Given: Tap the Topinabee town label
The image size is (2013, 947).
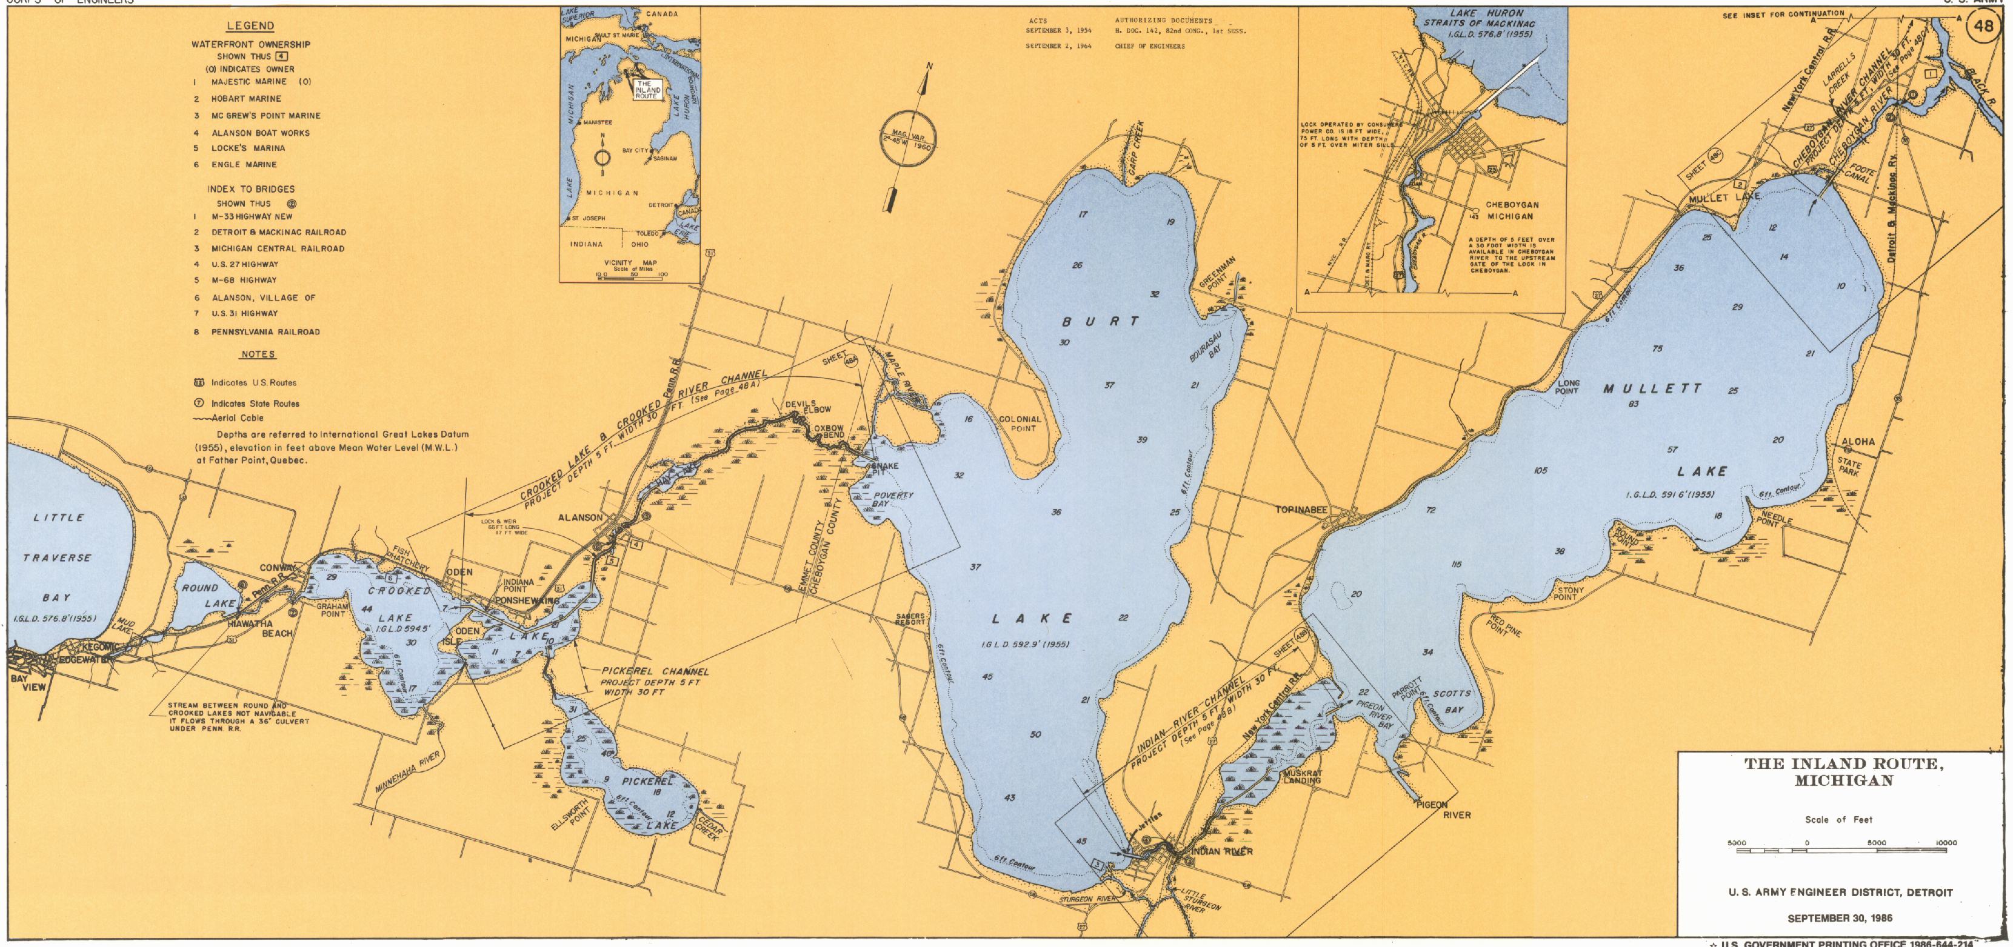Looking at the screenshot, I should [x=1301, y=510].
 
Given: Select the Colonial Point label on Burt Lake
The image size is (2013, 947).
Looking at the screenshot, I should [x=1020, y=424].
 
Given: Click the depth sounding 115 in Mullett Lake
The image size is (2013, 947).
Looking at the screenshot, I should [x=1456, y=564].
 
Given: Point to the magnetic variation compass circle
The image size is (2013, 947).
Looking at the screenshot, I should [x=906, y=141].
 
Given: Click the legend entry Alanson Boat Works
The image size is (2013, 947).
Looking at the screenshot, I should [x=260, y=133].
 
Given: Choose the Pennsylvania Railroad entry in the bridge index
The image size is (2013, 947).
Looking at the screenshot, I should [x=265, y=332].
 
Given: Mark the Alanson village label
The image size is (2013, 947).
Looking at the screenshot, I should [x=580, y=517].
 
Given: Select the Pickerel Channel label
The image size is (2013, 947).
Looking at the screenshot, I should [x=655, y=671].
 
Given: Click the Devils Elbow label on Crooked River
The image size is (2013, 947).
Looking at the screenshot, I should [x=808, y=407].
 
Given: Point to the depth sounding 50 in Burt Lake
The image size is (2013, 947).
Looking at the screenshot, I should [x=1035, y=734].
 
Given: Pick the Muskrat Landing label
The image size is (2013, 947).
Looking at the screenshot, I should [x=1302, y=777].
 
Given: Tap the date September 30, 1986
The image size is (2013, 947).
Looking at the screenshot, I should [x=1840, y=918].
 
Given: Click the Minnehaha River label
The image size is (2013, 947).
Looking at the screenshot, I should [x=408, y=771].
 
